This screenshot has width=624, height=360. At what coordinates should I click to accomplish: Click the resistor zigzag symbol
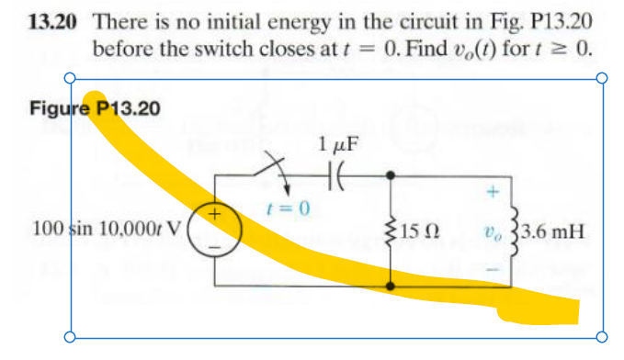(x=393, y=230)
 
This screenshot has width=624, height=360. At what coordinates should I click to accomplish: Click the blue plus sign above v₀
(x=493, y=192)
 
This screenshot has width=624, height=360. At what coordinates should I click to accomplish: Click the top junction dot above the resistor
(x=392, y=174)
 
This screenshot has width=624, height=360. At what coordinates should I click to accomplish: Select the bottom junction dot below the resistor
(x=392, y=287)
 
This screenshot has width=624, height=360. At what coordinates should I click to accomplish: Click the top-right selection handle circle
(x=603, y=79)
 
